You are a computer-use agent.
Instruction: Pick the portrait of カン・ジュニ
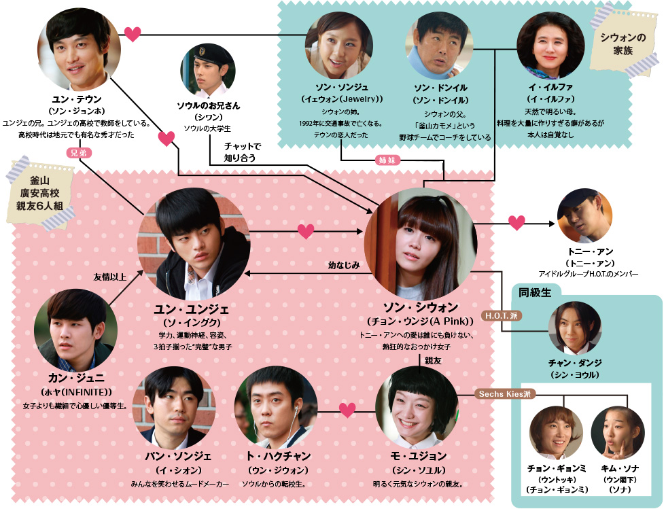click(x=71, y=328)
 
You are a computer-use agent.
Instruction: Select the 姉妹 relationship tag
click(x=390, y=160)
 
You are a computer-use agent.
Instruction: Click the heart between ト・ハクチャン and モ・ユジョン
click(x=347, y=410)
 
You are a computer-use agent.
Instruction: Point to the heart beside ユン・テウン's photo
click(x=133, y=33)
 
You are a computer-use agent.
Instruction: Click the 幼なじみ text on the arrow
click(x=343, y=264)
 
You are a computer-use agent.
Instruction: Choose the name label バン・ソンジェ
click(x=179, y=455)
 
